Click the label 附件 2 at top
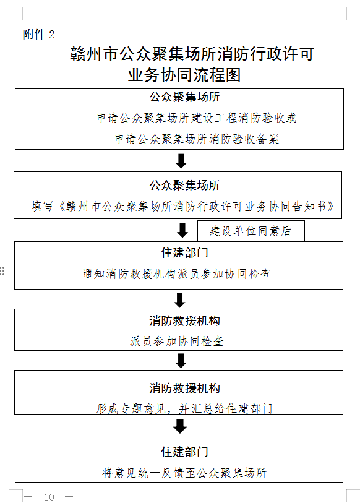[38, 34]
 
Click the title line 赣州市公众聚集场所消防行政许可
[192, 54]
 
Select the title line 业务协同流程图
[184, 75]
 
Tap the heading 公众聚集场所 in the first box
[184, 97]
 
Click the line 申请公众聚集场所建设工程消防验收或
[196, 118]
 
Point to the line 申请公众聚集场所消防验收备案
[197, 139]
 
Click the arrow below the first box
[181, 161]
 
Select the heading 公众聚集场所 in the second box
[184, 186]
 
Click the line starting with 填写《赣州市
[182, 206]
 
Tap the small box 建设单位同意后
[251, 231]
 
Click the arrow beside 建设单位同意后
[182, 230]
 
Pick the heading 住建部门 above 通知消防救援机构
[184, 253]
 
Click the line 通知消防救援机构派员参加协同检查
[177, 273]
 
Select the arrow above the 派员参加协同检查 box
[179, 300]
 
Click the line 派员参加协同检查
[177, 342]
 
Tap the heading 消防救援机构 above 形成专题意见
[184, 388]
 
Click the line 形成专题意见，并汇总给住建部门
[184, 408]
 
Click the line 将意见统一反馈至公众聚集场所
[184, 473]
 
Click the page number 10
[49, 497]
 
